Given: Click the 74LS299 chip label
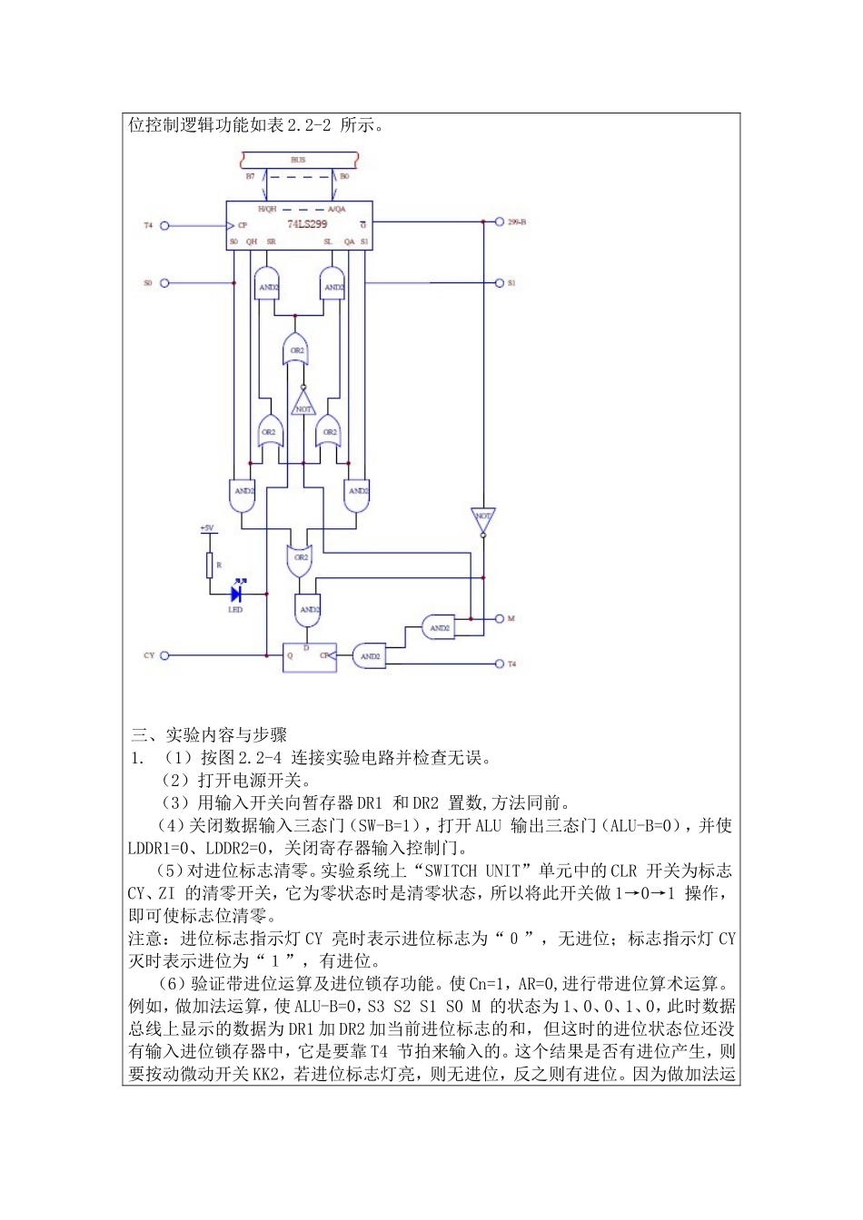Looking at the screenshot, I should click(x=307, y=223).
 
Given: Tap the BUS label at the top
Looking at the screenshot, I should click(x=298, y=160).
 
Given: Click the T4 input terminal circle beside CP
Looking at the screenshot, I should click(x=164, y=226).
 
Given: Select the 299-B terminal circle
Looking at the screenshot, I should click(x=499, y=221).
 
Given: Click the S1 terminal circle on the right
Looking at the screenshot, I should click(x=499, y=283).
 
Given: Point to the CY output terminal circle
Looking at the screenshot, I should click(x=164, y=655).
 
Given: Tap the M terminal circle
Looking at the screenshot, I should click(x=499, y=619).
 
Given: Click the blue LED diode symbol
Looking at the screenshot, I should click(x=236, y=595).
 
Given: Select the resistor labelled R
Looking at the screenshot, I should click(x=210, y=565).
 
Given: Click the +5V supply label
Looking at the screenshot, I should click(x=207, y=528).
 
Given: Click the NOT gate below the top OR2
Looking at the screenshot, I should click(x=303, y=405).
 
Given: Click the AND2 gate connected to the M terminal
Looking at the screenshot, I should click(x=439, y=627).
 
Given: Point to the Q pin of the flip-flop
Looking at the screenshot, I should click(x=291, y=655).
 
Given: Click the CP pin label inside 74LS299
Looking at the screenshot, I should click(x=243, y=225).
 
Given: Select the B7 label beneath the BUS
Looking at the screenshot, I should click(x=251, y=176).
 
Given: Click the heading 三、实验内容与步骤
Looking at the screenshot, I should click(x=210, y=734).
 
